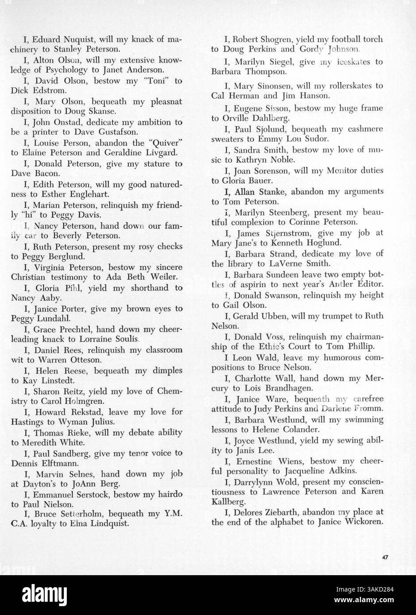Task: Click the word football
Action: (x=341, y=39)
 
